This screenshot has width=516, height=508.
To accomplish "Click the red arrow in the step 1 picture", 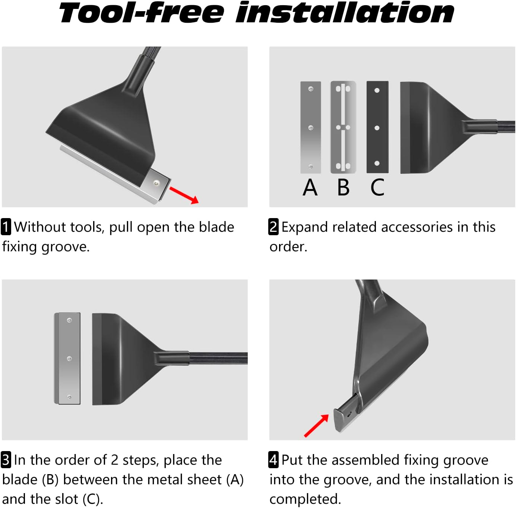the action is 184,195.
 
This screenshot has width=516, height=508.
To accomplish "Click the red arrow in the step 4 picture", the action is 317,425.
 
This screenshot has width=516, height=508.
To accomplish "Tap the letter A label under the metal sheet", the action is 310,187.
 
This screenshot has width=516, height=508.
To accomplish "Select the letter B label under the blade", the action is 343,187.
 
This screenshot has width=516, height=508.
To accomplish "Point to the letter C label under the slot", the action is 377,187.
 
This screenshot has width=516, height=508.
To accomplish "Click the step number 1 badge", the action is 6,227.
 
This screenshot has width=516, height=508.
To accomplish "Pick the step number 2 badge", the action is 273,227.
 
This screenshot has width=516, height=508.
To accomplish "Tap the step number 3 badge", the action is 6,460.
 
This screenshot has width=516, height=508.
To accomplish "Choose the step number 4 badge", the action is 273,460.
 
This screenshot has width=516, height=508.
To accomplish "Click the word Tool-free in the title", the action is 141,13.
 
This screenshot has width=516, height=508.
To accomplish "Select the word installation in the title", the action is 345,13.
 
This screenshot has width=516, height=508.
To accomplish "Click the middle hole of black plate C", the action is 377,128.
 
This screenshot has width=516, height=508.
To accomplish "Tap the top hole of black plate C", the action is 377,90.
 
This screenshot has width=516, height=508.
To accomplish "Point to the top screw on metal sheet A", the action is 311,89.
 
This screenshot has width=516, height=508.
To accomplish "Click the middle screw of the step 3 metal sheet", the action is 69,358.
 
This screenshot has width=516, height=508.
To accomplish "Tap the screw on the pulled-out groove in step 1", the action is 156,183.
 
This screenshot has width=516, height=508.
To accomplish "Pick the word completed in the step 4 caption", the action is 305,499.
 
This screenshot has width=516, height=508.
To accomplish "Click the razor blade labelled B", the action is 343,127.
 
